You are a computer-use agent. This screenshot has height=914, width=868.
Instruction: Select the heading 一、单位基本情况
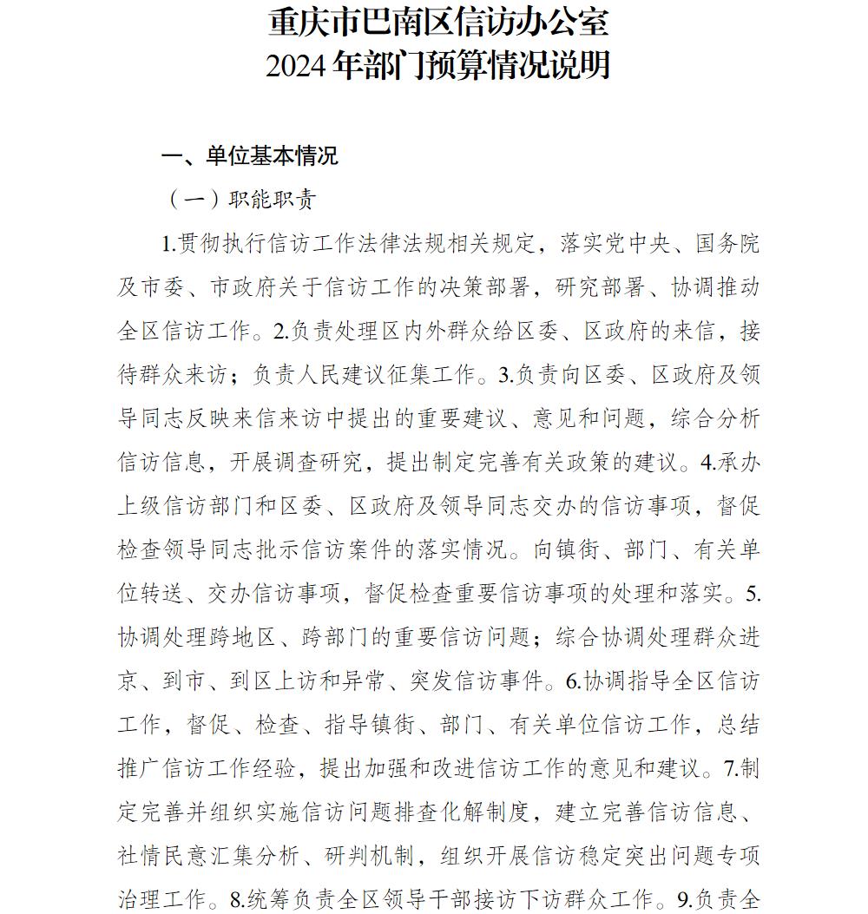tap(250, 155)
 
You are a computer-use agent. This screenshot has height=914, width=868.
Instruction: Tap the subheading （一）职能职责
tap(242, 200)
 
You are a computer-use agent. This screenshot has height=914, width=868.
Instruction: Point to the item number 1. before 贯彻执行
tap(170, 244)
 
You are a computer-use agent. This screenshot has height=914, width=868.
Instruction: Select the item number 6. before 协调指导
tap(574, 681)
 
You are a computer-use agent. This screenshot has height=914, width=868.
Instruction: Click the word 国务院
tap(728, 244)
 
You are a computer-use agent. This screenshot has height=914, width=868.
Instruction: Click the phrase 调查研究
tap(320, 462)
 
